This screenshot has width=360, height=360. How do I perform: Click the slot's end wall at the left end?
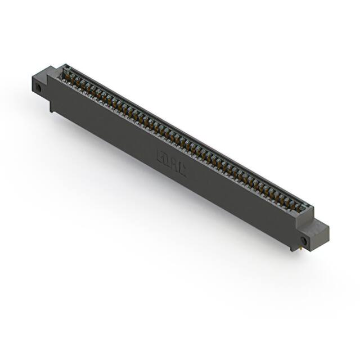[x=63, y=68]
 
